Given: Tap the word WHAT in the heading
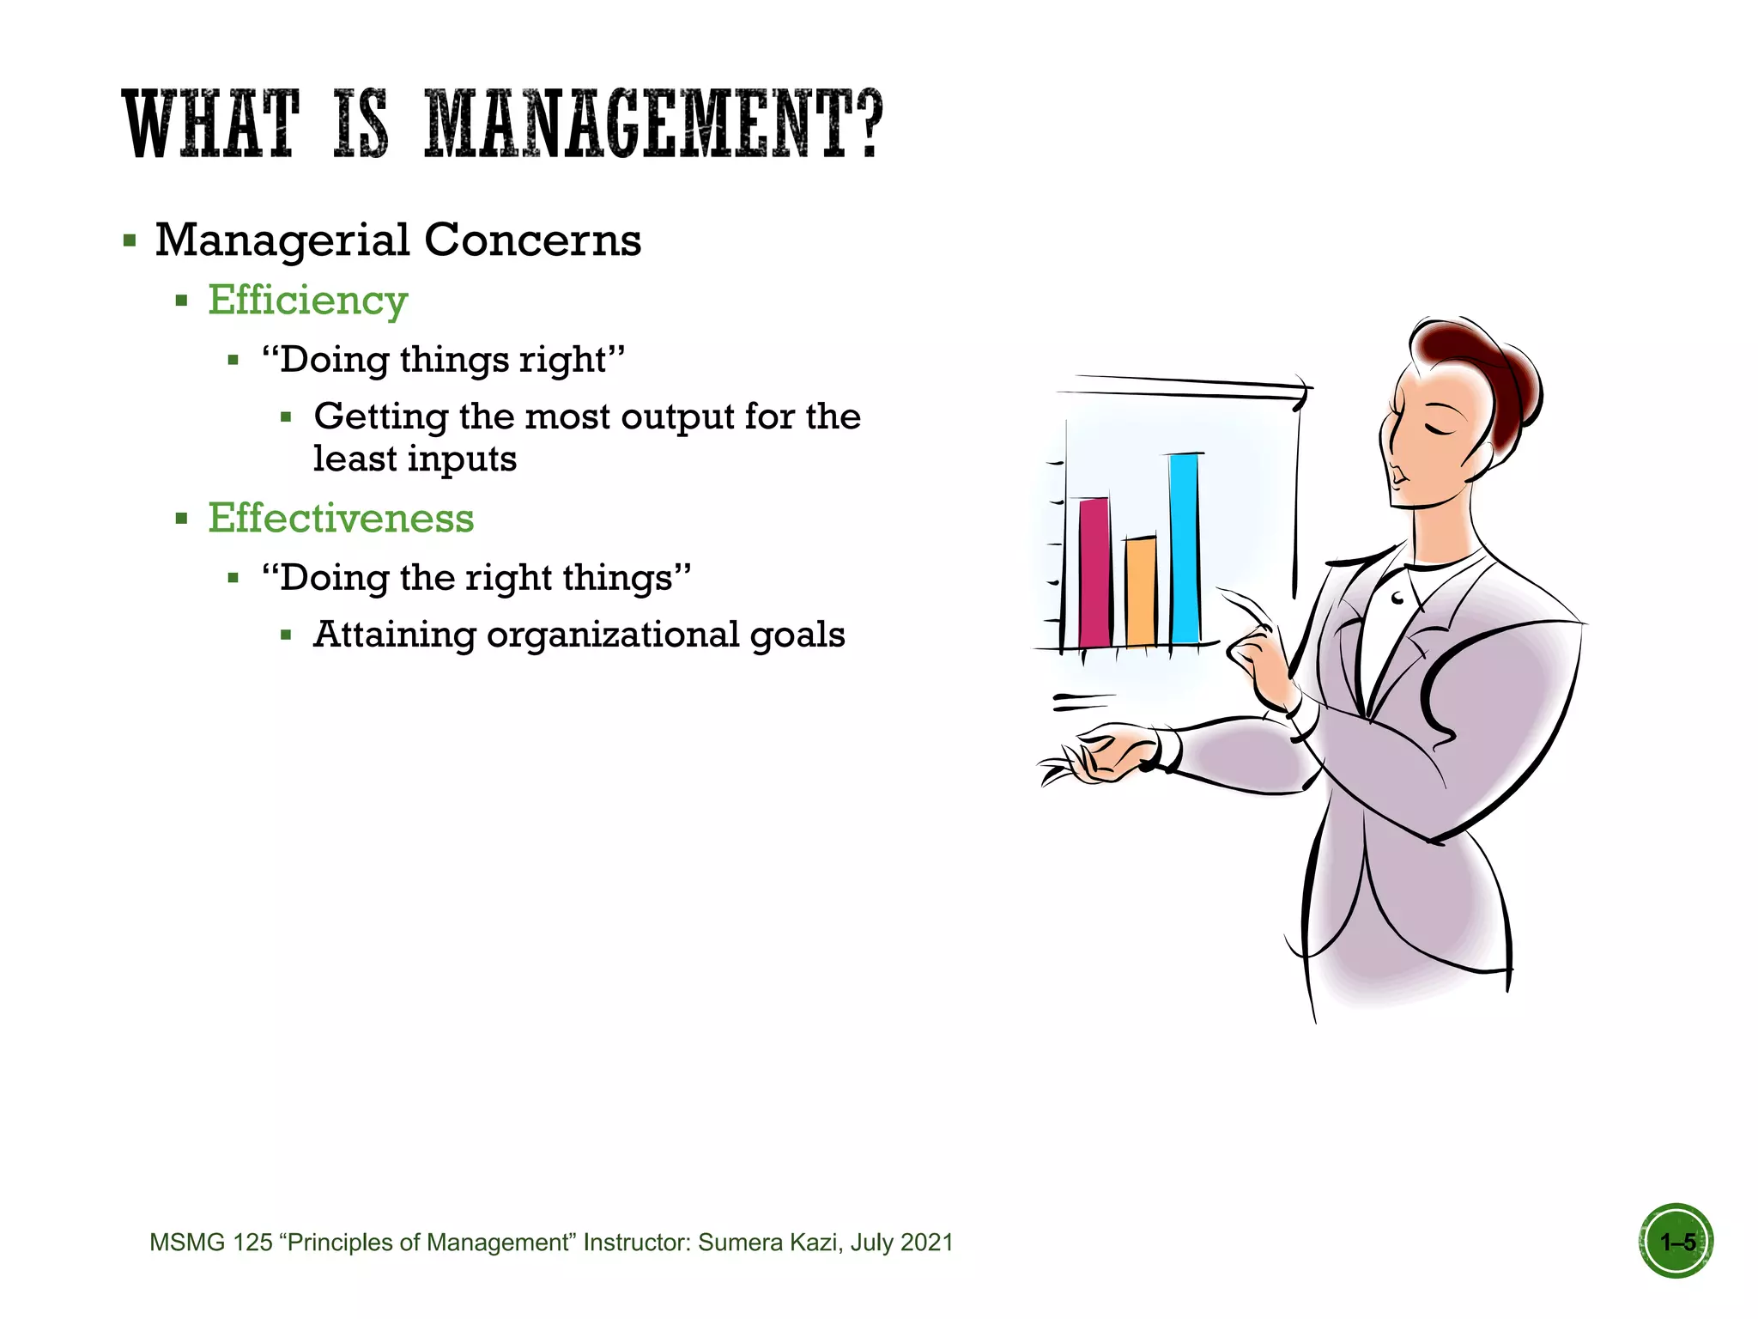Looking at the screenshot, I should pos(210,125).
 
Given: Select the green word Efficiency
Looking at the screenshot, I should pos(307,301).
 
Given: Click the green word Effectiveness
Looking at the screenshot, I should pos(341,519).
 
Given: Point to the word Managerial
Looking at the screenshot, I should pos(282,240).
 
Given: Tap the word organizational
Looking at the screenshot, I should pos(612,635).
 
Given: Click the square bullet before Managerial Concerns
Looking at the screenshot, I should pos(130,240).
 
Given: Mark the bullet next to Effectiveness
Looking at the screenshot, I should pos(181,519).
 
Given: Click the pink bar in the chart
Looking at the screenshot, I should pos(1094,572).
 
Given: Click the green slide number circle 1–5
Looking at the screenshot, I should pos(1676,1241).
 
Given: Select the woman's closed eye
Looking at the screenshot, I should pos(1439,426).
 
